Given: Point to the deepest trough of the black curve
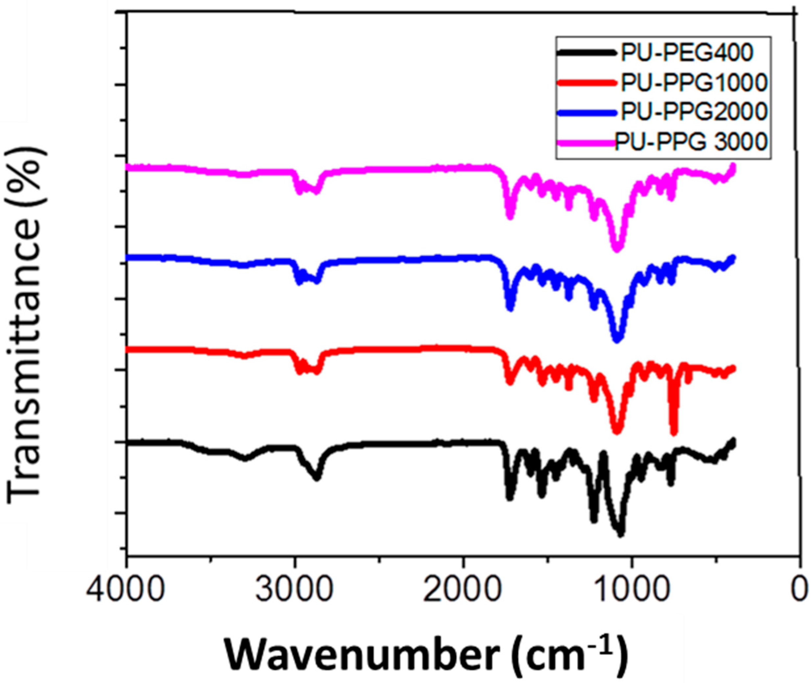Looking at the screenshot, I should tap(620, 534).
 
